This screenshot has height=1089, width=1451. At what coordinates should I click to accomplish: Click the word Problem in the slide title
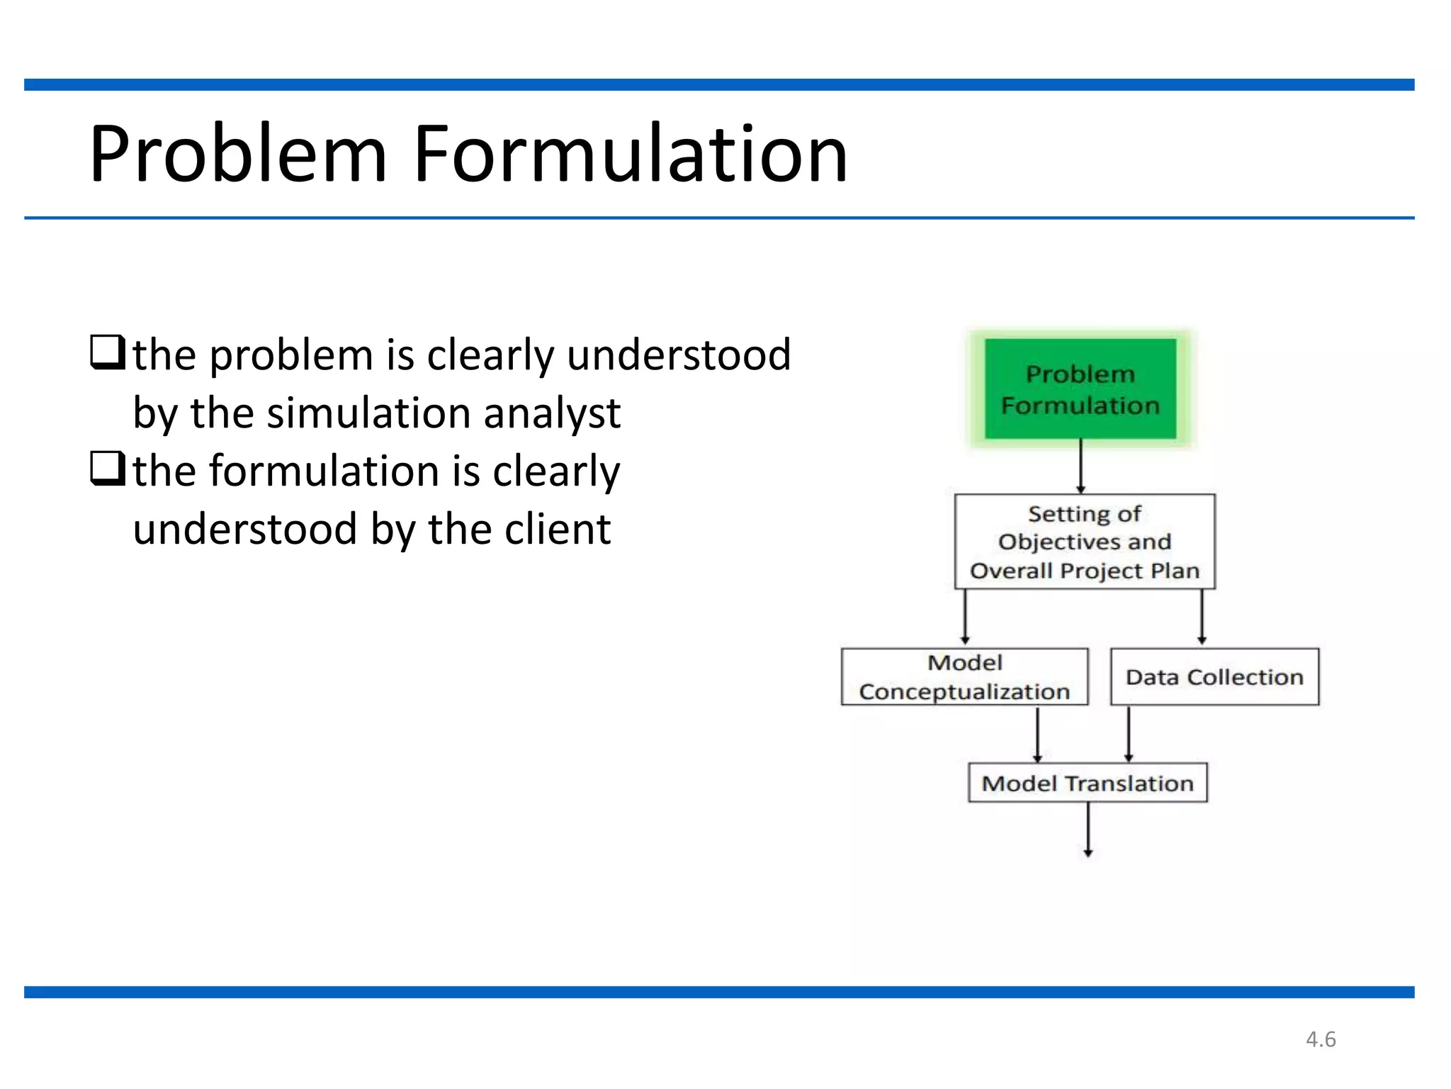coord(238,155)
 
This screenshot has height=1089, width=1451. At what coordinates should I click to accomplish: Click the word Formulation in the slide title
coord(630,155)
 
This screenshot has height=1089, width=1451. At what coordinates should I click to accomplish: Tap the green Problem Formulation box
coord(1080,389)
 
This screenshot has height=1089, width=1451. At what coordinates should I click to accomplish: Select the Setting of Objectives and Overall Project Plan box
coord(1085,542)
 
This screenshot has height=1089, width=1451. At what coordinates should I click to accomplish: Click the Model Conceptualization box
coord(964,677)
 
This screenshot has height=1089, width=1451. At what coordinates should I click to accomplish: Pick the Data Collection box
coord(1214,677)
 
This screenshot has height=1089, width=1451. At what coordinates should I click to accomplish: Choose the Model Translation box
coord(1088,783)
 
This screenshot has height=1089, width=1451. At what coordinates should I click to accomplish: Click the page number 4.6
coord(1321,1039)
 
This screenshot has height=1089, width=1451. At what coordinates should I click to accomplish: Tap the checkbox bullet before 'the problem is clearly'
coord(108,352)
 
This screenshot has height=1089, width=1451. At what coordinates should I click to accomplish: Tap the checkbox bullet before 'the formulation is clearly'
coord(108,469)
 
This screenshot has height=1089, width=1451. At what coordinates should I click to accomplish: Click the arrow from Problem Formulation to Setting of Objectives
coord(1081,466)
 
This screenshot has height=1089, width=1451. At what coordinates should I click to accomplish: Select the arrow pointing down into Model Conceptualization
coord(965,617)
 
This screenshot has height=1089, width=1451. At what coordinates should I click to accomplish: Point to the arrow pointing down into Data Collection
coord(1202,617)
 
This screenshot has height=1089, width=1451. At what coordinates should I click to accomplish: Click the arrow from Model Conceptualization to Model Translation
coord(1037,735)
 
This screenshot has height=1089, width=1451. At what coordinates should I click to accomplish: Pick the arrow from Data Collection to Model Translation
coord(1129,735)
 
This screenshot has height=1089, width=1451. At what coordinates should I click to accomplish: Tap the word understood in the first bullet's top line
coord(679,354)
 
